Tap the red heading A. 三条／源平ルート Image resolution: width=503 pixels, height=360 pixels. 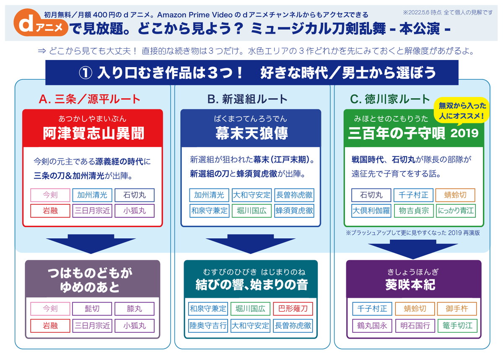[x=89, y=99]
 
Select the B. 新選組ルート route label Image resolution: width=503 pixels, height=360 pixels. [x=247, y=99]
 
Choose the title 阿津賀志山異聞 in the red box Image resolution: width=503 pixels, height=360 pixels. [x=93, y=133]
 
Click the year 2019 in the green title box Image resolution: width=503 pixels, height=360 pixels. [x=464, y=133]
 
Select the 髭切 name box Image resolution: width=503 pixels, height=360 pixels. [x=92, y=309]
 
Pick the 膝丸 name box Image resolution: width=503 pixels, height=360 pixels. [x=134, y=309]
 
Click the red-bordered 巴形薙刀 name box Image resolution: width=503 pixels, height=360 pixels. [x=293, y=309]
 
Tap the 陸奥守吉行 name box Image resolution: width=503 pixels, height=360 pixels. [x=208, y=325]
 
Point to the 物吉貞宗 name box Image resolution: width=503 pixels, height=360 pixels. [x=414, y=210]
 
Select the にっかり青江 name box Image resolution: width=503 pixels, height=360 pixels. [x=456, y=210]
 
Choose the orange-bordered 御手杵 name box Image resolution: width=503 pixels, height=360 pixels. [x=456, y=309]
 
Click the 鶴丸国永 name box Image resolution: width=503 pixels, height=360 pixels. [x=372, y=325]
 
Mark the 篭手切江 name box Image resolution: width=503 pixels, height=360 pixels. [x=456, y=325]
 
